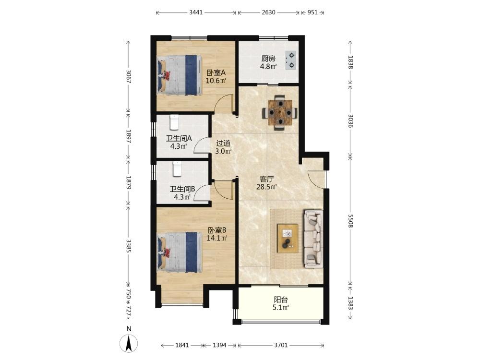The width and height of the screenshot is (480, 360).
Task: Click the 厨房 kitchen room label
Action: (x=268, y=59)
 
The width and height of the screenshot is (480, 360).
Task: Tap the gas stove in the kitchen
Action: (x=290, y=60)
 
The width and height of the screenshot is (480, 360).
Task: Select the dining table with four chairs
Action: (x=280, y=113)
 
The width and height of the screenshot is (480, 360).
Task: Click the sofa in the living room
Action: (x=313, y=239)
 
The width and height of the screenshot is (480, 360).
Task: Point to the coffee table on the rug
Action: (x=288, y=239)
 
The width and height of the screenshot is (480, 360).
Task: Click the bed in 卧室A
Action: (x=180, y=75)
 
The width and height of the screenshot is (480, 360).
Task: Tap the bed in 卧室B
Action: (x=180, y=252)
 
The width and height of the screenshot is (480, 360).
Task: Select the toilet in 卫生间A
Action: (x=174, y=122)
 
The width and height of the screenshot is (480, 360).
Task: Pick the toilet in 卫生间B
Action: (x=177, y=169)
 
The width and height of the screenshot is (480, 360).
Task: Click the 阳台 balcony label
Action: (x=280, y=300)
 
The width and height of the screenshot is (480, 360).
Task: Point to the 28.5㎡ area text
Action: (x=266, y=187)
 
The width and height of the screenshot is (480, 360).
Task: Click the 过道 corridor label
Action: (x=223, y=143)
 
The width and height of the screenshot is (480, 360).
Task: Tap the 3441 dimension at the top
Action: (x=196, y=12)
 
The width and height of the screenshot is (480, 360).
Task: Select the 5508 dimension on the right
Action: (x=350, y=221)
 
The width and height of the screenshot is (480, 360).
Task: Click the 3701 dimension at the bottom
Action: (x=281, y=345)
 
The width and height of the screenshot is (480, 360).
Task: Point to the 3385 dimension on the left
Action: (x=129, y=246)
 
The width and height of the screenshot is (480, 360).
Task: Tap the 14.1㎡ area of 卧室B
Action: (x=217, y=238)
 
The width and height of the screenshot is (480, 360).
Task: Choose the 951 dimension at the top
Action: (x=312, y=12)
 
